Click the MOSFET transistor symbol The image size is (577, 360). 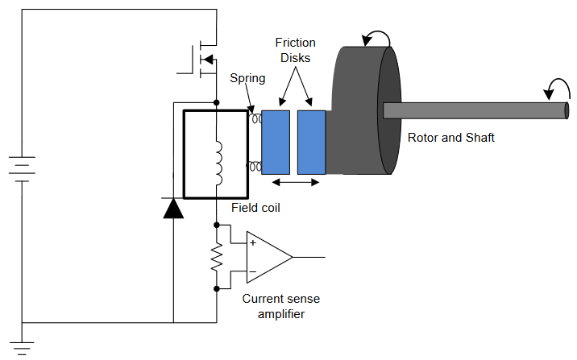click(201, 60)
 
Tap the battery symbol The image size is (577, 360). click(22, 169)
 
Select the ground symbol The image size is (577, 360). click(22, 348)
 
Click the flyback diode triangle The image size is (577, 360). click(173, 208)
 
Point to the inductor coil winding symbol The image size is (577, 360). click(218, 163)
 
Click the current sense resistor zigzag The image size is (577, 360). click(217, 257)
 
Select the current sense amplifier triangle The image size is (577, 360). click(268, 257)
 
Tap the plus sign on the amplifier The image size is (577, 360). click(253, 242)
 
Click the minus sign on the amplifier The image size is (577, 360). click(253, 271)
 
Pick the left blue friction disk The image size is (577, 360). click(276, 143)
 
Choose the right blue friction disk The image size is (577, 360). click(311, 143)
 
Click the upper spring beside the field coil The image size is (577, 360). click(255, 118)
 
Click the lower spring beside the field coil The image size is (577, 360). click(255, 166)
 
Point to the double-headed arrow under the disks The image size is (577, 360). click(296, 182)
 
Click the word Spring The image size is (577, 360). click(247, 79)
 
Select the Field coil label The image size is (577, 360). click(255, 208)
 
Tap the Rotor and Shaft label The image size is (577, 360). click(450, 138)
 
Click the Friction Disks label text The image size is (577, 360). click(295, 50)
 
